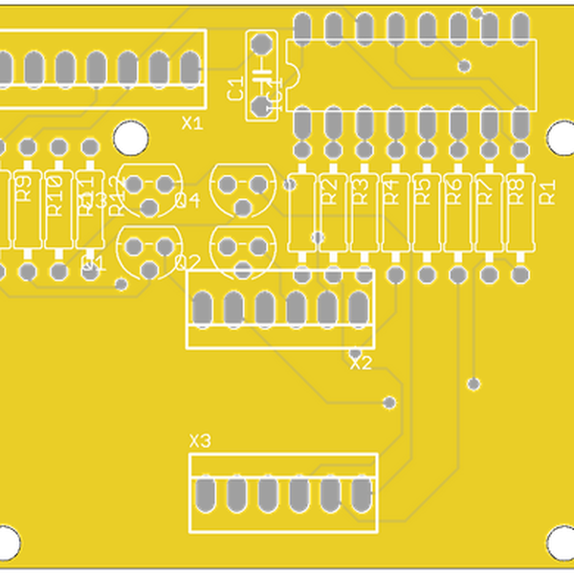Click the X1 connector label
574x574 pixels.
[192, 123]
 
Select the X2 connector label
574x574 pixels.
[361, 364]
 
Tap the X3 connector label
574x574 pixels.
[200, 441]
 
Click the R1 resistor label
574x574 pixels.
[548, 191]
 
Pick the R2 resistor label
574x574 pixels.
[328, 191]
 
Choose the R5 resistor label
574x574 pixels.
[422, 191]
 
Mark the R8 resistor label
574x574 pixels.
[515, 191]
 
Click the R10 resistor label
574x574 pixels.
[55, 194]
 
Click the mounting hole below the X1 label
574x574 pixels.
[131, 137]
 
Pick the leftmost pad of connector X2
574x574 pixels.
[203, 308]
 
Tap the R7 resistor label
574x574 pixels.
[484, 191]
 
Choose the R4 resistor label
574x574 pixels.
[390, 191]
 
